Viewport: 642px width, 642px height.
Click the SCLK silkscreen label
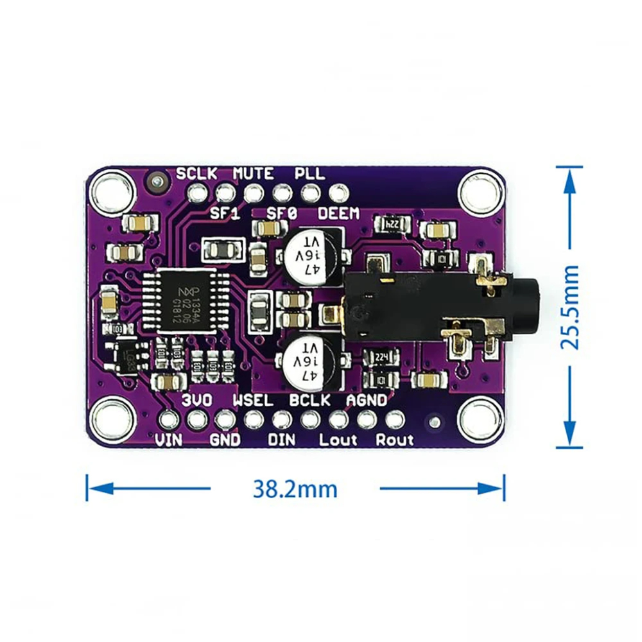[197, 173]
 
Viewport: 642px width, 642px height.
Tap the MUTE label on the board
[253, 173]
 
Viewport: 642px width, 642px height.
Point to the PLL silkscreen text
[309, 173]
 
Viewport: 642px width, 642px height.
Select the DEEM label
[338, 214]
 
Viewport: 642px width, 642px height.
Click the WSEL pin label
[252, 400]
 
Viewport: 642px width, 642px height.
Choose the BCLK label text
[309, 400]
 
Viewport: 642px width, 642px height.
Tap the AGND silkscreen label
[367, 400]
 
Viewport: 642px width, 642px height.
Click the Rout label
[395, 440]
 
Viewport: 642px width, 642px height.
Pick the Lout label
[338, 440]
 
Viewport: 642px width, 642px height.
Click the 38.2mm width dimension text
[295, 489]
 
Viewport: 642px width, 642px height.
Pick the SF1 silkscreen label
[225, 214]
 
